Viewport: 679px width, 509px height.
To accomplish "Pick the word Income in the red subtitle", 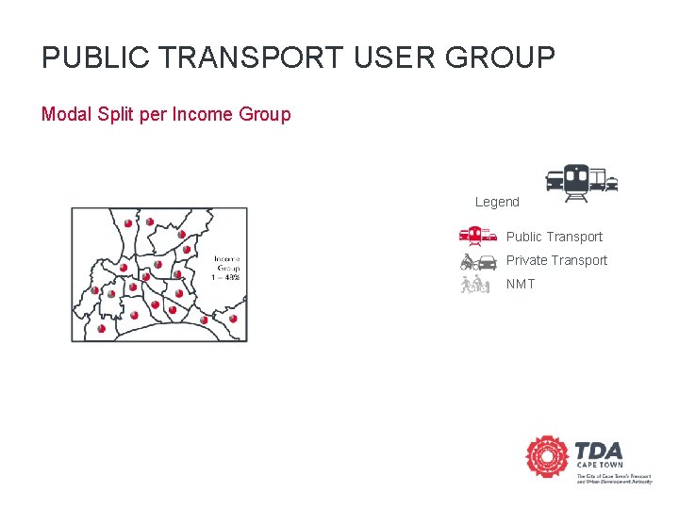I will (x=205, y=115).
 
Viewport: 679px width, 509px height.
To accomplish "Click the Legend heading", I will (x=497, y=202).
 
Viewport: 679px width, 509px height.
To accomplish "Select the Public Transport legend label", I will (x=554, y=237).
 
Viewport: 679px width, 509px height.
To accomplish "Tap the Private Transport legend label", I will (x=556, y=260).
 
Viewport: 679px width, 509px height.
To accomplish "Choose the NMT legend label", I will (x=521, y=284).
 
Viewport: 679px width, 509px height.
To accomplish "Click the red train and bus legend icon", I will (x=478, y=237).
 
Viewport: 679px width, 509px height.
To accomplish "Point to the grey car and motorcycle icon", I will (x=478, y=261).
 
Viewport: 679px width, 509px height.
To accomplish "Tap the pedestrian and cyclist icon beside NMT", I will (x=475, y=284).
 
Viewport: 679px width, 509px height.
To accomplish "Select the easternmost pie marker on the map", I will (x=233, y=320).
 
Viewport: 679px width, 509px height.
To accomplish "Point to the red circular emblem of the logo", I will (x=547, y=458).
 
